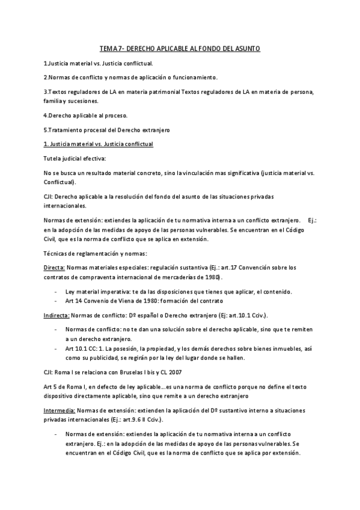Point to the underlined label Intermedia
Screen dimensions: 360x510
[58, 409]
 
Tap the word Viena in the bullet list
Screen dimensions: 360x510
[124, 301]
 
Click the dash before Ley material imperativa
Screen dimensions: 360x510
[56, 292]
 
